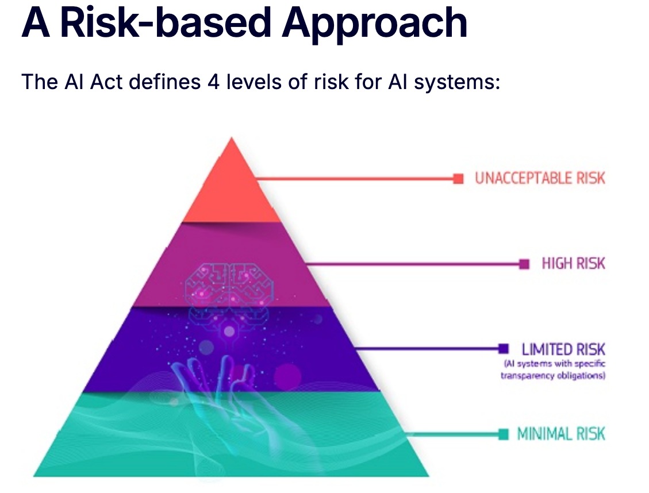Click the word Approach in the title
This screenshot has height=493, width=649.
click(375, 24)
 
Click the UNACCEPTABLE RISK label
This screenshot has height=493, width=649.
click(540, 178)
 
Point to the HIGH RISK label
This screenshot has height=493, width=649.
click(573, 264)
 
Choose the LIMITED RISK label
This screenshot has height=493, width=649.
click(563, 349)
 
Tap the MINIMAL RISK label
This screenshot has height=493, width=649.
click(561, 434)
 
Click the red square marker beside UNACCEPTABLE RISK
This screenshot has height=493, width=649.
click(458, 179)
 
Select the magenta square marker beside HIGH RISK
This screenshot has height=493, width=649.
click(524, 264)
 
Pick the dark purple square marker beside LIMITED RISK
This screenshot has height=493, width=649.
click(504, 349)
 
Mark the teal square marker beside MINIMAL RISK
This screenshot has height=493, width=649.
click(504, 434)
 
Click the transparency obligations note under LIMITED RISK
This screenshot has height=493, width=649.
click(553, 369)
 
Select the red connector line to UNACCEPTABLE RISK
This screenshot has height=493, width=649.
click(355, 179)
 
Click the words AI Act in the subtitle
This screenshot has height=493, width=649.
click(94, 82)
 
